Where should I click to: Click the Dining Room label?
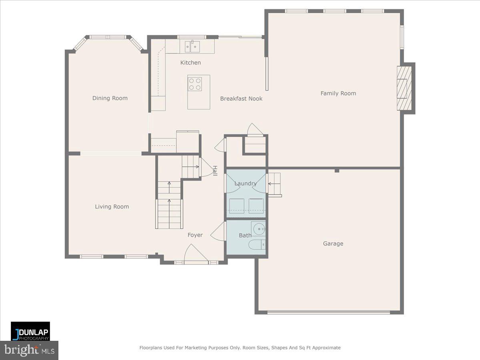(110, 98)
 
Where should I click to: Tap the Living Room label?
(112, 207)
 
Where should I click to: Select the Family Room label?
(338, 93)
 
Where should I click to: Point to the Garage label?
(333, 244)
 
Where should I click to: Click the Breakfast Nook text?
(241, 98)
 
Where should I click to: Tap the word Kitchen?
(190, 63)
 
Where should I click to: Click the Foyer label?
(195, 235)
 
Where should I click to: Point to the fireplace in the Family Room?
(404, 88)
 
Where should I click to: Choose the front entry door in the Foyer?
(196, 256)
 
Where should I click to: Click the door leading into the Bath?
(219, 232)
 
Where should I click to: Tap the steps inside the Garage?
(274, 184)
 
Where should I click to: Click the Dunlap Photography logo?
(30, 331)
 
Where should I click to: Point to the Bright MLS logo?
(29, 350)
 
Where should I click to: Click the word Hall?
(215, 171)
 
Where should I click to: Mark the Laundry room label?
(245, 184)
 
